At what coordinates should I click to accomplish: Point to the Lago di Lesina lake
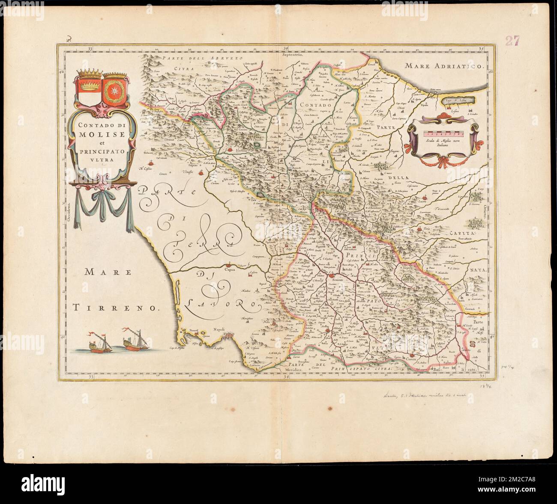pyautogui.click(x=458, y=100)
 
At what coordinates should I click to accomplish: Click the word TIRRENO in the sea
pyautogui.click(x=115, y=306)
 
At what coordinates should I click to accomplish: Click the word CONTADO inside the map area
pyautogui.click(x=316, y=104)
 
